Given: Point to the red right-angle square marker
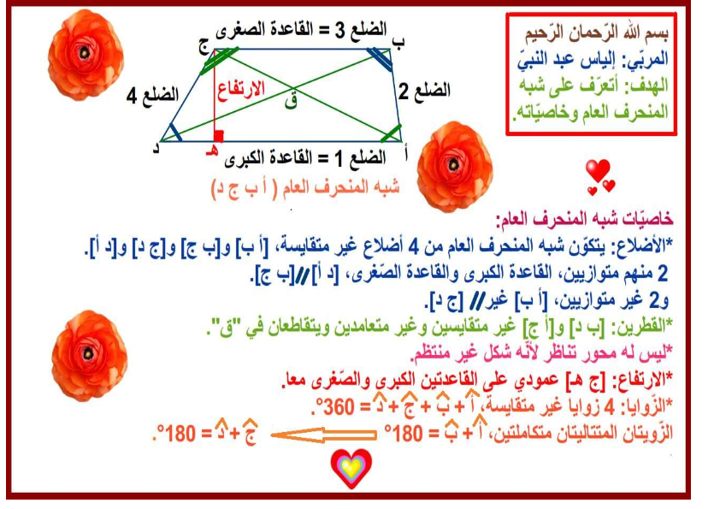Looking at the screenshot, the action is point(219,136).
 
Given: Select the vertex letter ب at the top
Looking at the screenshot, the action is point(398,43).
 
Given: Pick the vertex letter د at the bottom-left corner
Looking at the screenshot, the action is point(156,147).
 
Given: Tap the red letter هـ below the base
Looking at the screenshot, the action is point(212,151).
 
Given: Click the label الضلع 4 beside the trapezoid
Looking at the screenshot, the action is point(152,96).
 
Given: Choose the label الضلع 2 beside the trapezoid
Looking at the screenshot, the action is point(424,91).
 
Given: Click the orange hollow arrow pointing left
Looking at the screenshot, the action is point(323,435).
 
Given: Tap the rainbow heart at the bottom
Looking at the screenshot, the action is point(351,467).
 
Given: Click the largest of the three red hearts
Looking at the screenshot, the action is point(598,170).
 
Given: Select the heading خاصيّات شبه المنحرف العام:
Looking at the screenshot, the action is point(585,219).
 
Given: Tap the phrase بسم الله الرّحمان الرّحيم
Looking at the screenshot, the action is point(597,33).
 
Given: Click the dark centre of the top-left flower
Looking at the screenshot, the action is point(84,53).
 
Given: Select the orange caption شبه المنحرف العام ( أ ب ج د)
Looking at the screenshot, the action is point(305,188).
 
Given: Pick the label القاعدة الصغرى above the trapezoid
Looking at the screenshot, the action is point(264,31).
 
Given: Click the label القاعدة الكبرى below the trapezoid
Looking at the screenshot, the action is point(269,158).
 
